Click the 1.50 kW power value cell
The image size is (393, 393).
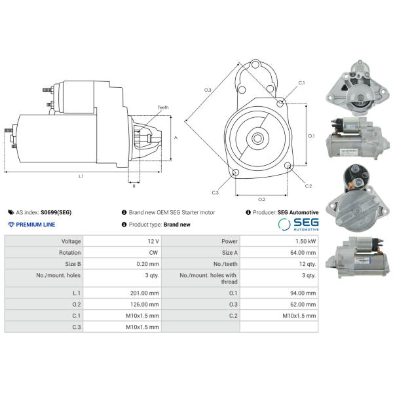pyautogui.click(x=305, y=241)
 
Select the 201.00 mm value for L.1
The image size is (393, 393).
pyautogui.click(x=144, y=293)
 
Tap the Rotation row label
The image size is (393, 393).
pyautogui.click(x=69, y=253)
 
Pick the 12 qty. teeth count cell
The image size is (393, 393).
pyautogui.click(x=308, y=264)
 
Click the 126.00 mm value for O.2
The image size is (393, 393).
pyautogui.click(x=144, y=305)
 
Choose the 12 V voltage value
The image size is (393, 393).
pyautogui.click(x=153, y=241)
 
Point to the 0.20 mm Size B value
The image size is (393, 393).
pyautogui.click(x=147, y=264)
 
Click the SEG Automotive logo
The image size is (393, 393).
pyautogui.click(x=298, y=224)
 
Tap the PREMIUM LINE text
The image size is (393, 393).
pyautogui.click(x=35, y=225)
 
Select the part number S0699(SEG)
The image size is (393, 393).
pyautogui.click(x=56, y=212)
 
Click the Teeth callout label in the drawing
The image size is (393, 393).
pyautogui.click(x=163, y=107)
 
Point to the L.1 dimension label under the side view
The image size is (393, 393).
pyautogui.click(x=81, y=176)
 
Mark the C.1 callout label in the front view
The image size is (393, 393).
pyautogui.click(x=301, y=83)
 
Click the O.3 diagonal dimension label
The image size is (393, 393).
pyautogui.click(x=208, y=90)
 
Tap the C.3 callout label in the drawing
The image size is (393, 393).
pyautogui.click(x=215, y=193)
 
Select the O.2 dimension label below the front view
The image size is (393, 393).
pyautogui.click(x=261, y=200)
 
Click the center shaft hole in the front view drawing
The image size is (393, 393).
pyautogui.click(x=257, y=138)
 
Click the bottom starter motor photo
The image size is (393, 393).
pyautogui.click(x=358, y=257)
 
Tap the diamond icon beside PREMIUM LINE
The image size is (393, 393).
pyautogui.click(x=11, y=224)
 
